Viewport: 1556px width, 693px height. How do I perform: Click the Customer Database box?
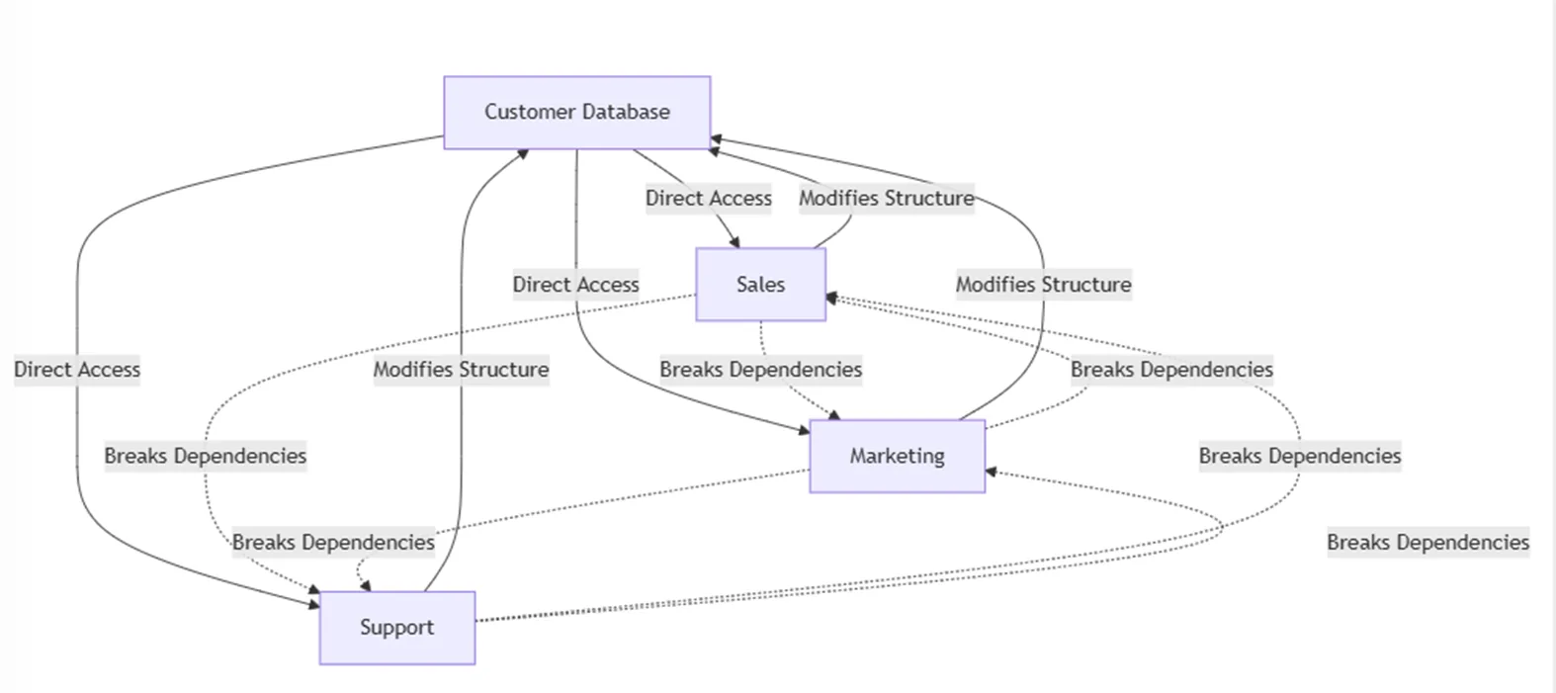click(576, 113)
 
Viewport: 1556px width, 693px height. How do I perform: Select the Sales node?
click(760, 285)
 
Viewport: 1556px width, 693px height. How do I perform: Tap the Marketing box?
click(897, 456)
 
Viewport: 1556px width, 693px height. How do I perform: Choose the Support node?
click(396, 628)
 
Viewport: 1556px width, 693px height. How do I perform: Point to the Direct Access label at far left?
click(77, 370)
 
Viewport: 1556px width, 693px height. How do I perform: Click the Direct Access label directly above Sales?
click(708, 198)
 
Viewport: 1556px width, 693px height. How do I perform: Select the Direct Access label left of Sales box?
click(575, 285)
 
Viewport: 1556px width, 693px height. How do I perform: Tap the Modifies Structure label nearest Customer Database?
click(886, 198)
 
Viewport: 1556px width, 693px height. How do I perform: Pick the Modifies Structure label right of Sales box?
click(1043, 285)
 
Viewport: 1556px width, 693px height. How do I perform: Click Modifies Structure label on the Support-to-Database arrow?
click(461, 370)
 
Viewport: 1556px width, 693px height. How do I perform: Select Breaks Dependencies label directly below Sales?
click(760, 370)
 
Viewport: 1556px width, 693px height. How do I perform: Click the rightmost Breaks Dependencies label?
click(1427, 542)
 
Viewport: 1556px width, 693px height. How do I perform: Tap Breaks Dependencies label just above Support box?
click(333, 542)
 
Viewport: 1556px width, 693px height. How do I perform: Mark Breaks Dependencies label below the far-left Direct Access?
click(205, 456)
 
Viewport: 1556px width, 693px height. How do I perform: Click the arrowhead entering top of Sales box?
click(735, 242)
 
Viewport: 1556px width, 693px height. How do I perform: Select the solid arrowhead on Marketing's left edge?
click(804, 430)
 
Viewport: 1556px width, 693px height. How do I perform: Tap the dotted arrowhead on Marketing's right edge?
click(992, 473)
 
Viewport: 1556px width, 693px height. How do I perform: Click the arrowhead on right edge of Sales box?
click(831, 297)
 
